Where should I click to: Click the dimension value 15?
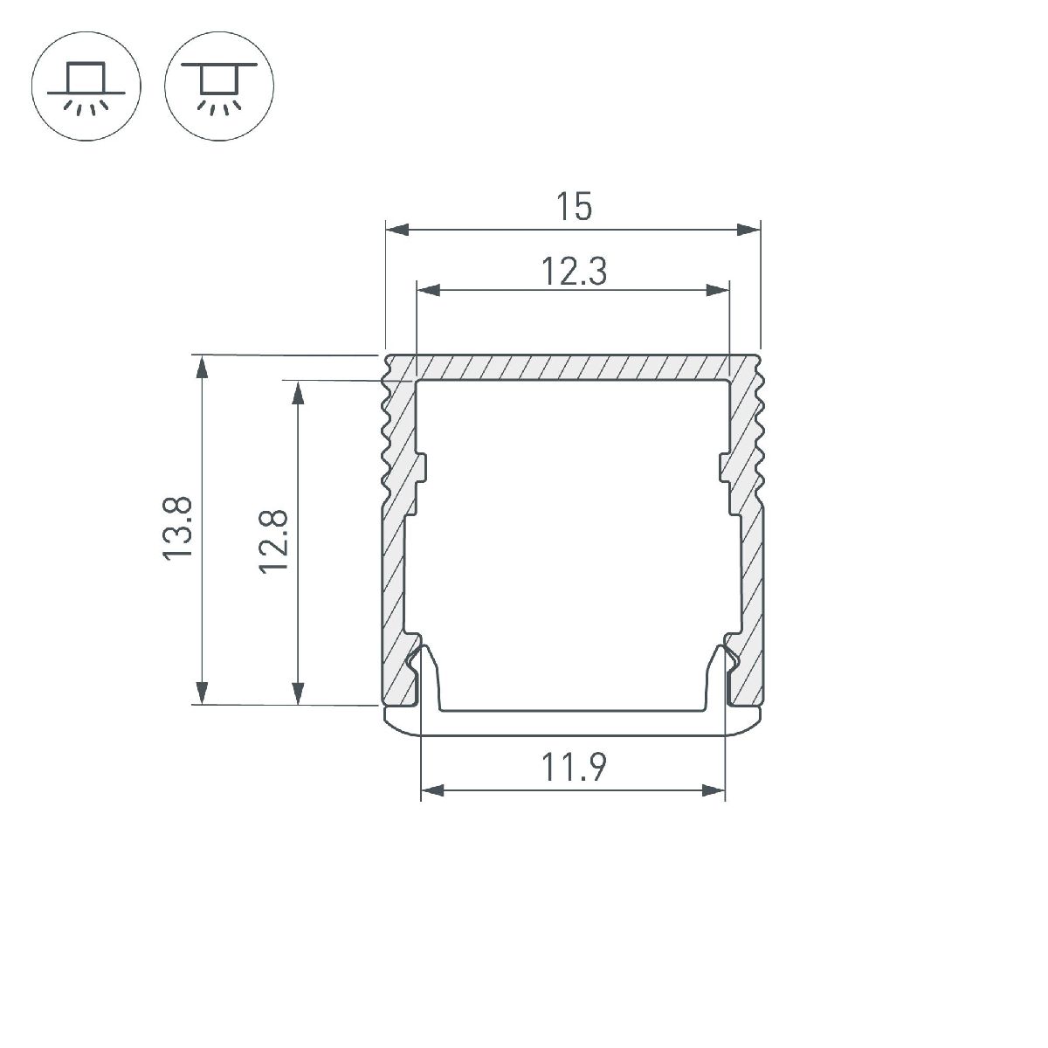[x=573, y=208]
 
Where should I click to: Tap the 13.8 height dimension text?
[x=176, y=528]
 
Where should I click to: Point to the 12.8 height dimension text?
[x=273, y=541]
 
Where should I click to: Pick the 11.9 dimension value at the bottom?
[x=573, y=769]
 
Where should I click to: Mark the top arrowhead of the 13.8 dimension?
[x=202, y=366]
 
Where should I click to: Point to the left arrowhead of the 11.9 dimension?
[x=432, y=792]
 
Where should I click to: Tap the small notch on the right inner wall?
[x=724, y=466]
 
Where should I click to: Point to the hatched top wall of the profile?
[x=572, y=367]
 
